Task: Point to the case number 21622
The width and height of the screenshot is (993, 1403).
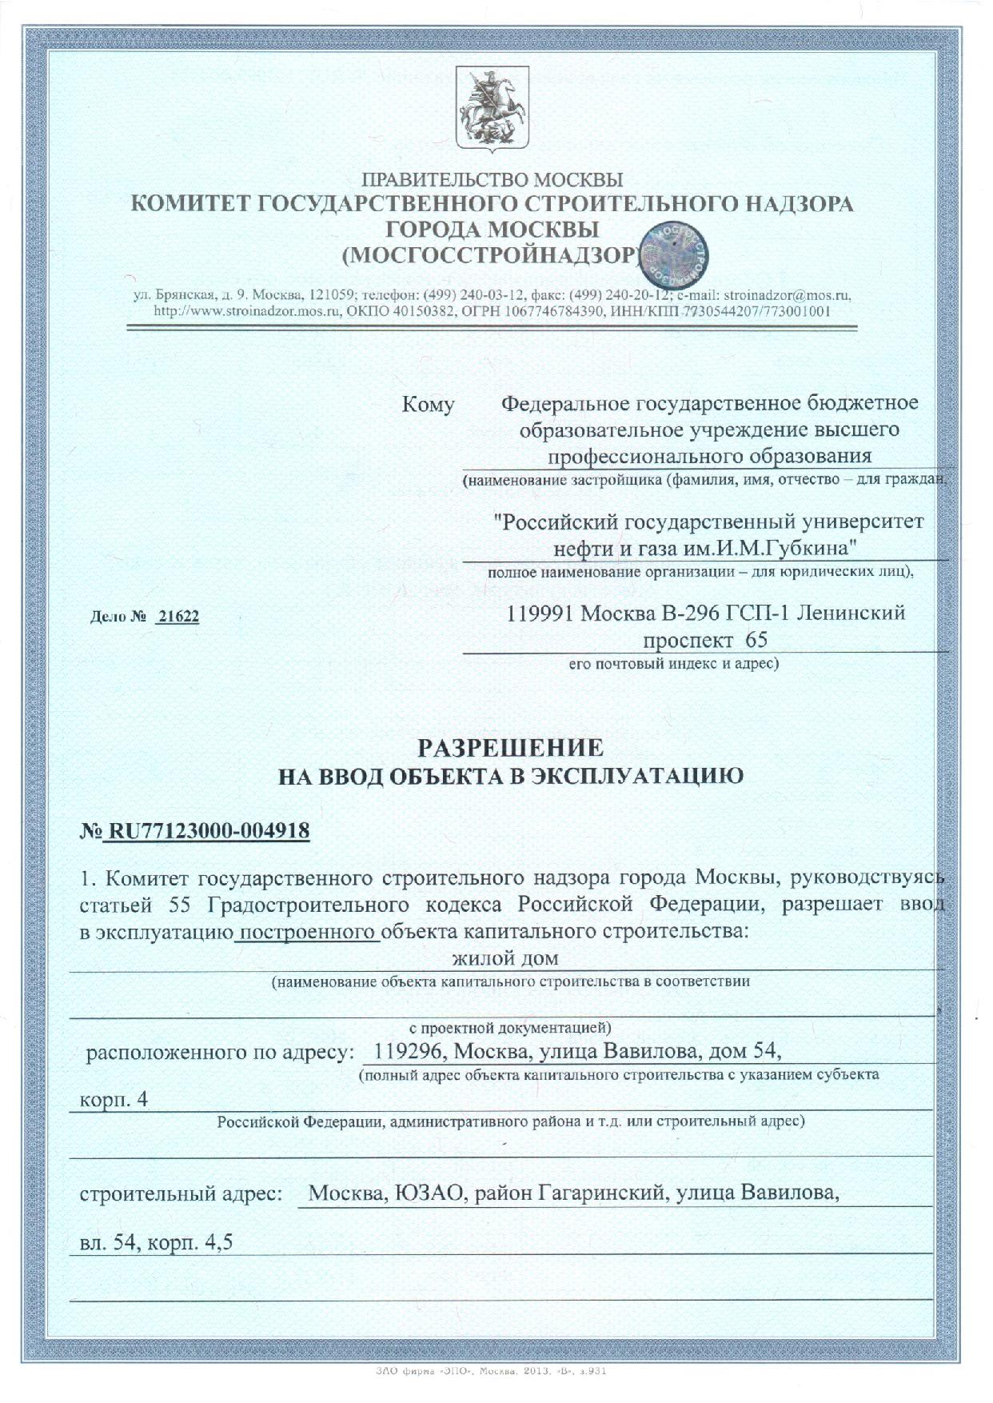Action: click(178, 618)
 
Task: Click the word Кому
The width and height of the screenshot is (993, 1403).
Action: click(428, 405)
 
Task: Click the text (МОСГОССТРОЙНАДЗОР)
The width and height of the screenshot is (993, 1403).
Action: click(491, 255)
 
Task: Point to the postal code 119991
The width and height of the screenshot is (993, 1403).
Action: click(541, 614)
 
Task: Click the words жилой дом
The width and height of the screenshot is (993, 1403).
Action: click(505, 957)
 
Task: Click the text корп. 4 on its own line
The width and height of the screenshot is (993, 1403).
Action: click(114, 1099)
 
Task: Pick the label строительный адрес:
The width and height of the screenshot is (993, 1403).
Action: click(182, 1193)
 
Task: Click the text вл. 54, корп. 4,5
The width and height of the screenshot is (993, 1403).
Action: click(156, 1242)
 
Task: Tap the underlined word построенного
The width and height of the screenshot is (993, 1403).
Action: click(309, 932)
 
